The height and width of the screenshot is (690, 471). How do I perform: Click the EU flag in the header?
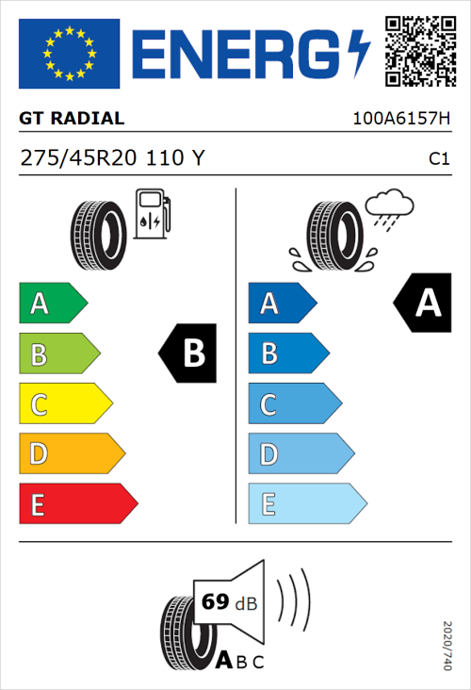tap(69, 54)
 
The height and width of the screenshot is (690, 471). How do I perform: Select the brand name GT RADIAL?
tap(72, 119)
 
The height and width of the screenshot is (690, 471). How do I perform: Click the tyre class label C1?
tap(438, 159)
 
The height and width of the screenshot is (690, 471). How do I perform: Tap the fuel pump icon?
tap(152, 214)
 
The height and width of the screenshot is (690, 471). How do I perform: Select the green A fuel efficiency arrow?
tap(52, 304)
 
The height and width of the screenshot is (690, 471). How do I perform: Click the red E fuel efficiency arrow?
tap(77, 504)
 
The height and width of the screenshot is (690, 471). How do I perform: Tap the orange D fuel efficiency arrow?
tap(71, 454)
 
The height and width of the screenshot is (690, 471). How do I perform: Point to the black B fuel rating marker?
tap(188, 353)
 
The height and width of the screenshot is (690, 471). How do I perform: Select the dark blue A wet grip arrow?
tap(280, 304)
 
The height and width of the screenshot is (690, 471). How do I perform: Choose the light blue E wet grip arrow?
tap(306, 504)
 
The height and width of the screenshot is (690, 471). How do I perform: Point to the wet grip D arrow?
tap(300, 454)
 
